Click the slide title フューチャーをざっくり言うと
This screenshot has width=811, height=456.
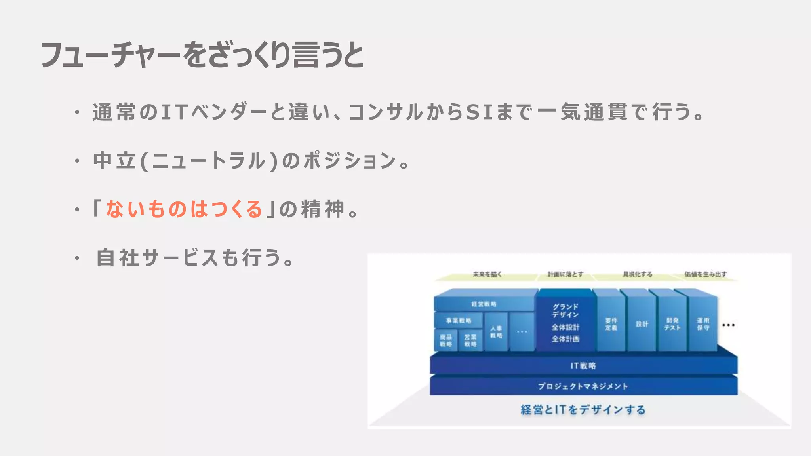pyautogui.click(x=202, y=55)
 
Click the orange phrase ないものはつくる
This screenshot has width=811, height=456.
pyautogui.click(x=184, y=209)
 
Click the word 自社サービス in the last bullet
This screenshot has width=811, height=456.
pyautogui.click(x=157, y=258)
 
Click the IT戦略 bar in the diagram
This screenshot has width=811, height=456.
pyautogui.click(x=583, y=366)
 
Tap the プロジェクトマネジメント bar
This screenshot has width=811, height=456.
pyautogui.click(x=583, y=386)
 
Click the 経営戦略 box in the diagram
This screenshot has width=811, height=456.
pyautogui.click(x=484, y=304)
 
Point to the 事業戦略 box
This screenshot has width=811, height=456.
pyautogui.click(x=459, y=321)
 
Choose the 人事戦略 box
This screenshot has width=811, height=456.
pyautogui.click(x=496, y=332)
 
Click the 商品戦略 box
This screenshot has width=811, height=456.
pyautogui.click(x=446, y=340)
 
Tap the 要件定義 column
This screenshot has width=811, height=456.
pyautogui.click(x=611, y=324)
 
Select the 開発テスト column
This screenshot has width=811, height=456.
pyautogui.click(x=672, y=324)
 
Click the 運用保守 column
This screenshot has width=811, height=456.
pyautogui.click(x=703, y=324)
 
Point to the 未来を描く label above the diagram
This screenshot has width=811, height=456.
pyautogui.click(x=487, y=274)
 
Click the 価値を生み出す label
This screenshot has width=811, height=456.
pyautogui.click(x=705, y=274)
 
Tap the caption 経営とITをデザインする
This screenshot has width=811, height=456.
pyautogui.click(x=583, y=410)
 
